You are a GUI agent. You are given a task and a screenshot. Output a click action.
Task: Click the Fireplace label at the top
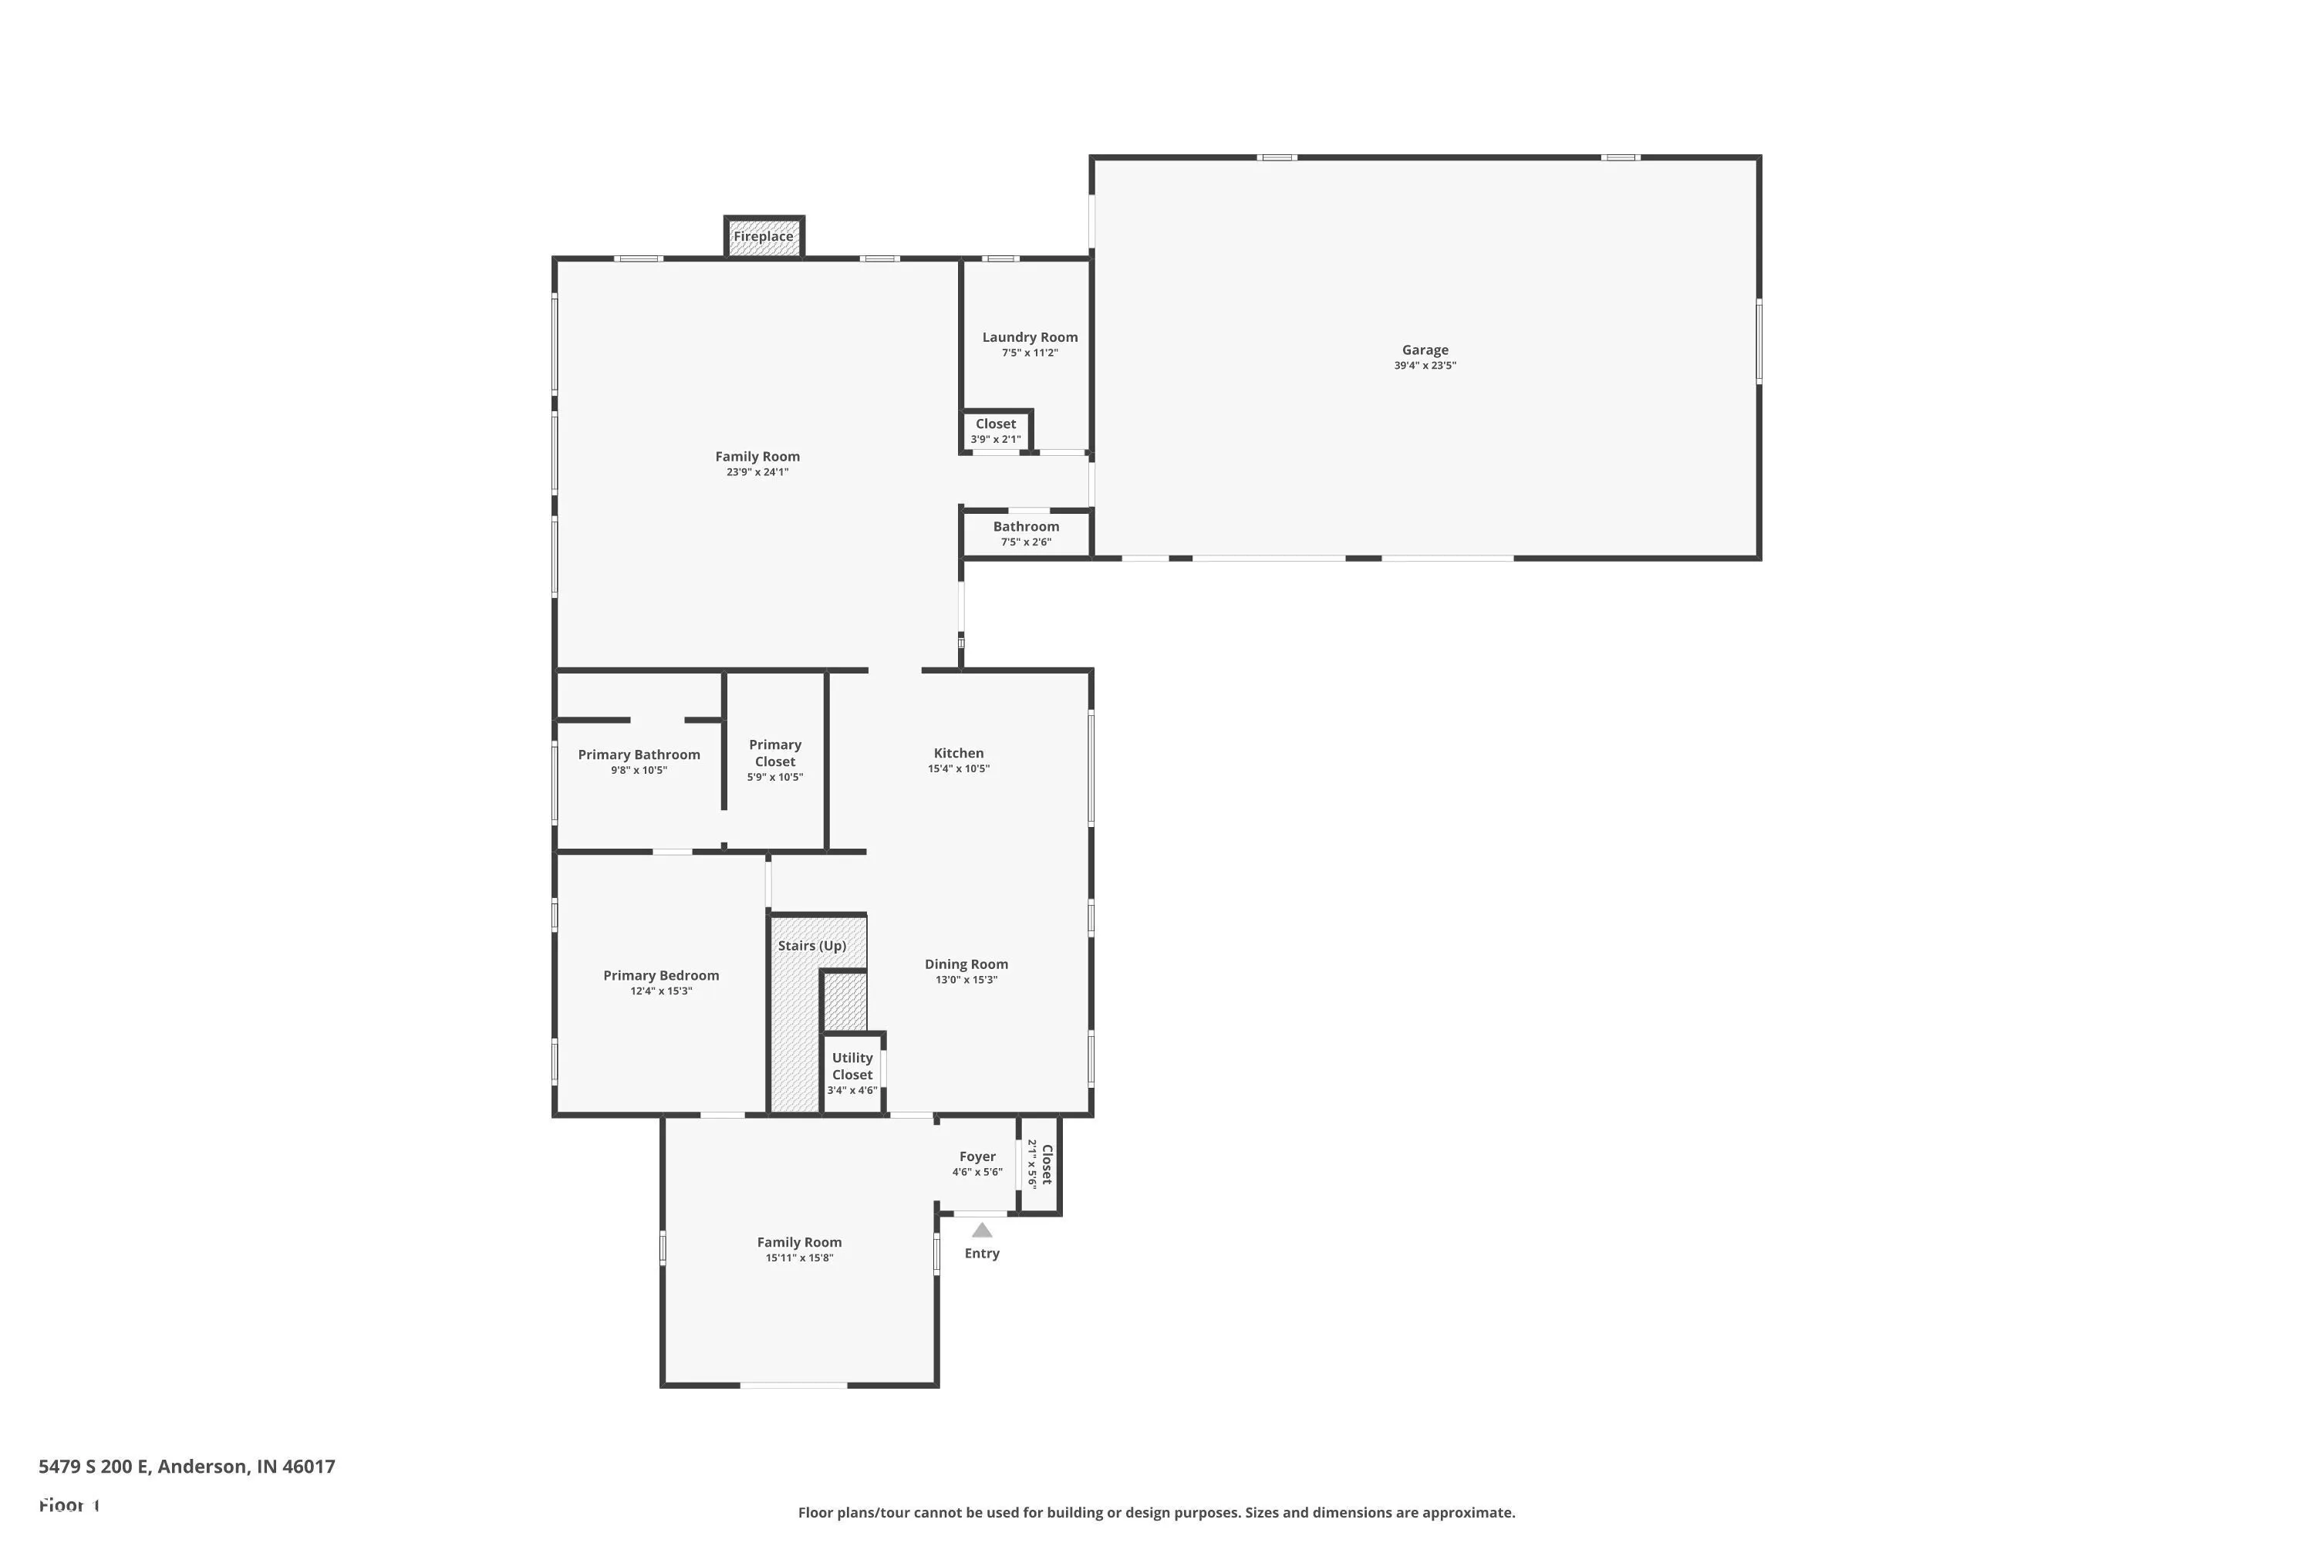[763, 236]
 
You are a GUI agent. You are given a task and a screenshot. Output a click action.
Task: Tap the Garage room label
[1425, 349]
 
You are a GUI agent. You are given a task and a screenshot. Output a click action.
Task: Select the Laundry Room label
[1029, 336]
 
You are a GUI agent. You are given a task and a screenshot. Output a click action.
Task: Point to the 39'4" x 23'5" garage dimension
[1425, 365]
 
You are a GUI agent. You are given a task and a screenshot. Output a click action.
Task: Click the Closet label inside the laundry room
[996, 424]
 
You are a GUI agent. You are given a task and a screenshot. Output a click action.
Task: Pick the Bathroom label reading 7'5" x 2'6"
[1026, 526]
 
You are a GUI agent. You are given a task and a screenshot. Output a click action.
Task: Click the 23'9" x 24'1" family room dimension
[757, 471]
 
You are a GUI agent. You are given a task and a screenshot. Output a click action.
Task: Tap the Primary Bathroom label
[639, 755]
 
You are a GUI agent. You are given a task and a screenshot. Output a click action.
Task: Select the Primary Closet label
[775, 753]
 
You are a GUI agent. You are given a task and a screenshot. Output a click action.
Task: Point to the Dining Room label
[966, 964]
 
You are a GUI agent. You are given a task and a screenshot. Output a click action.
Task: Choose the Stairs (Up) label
[811, 946]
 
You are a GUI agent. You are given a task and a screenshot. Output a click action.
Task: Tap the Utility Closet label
[852, 1065]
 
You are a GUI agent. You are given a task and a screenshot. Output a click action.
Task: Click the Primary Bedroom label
[661, 975]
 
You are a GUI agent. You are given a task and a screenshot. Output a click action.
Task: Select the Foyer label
[977, 1156]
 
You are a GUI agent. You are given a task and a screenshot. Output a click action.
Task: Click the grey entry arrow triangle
[982, 1230]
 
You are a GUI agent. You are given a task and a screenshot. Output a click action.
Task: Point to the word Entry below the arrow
[982, 1253]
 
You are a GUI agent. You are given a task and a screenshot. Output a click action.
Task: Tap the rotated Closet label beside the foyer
[1047, 1164]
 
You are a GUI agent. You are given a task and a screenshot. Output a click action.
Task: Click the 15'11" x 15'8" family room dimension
[799, 1258]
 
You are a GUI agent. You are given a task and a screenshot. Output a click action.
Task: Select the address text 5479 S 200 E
[93, 1467]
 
